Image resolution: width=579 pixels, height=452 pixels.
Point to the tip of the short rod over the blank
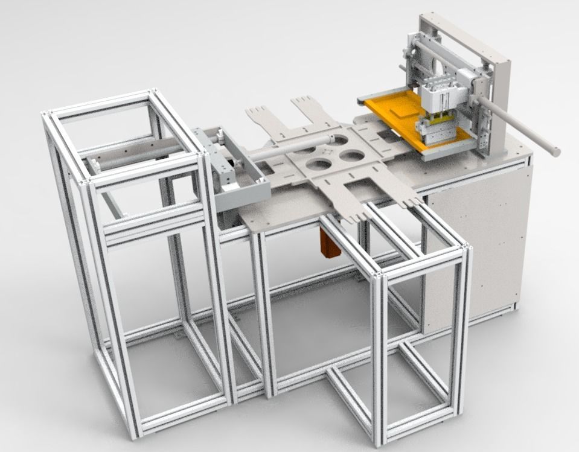tap(330, 139)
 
